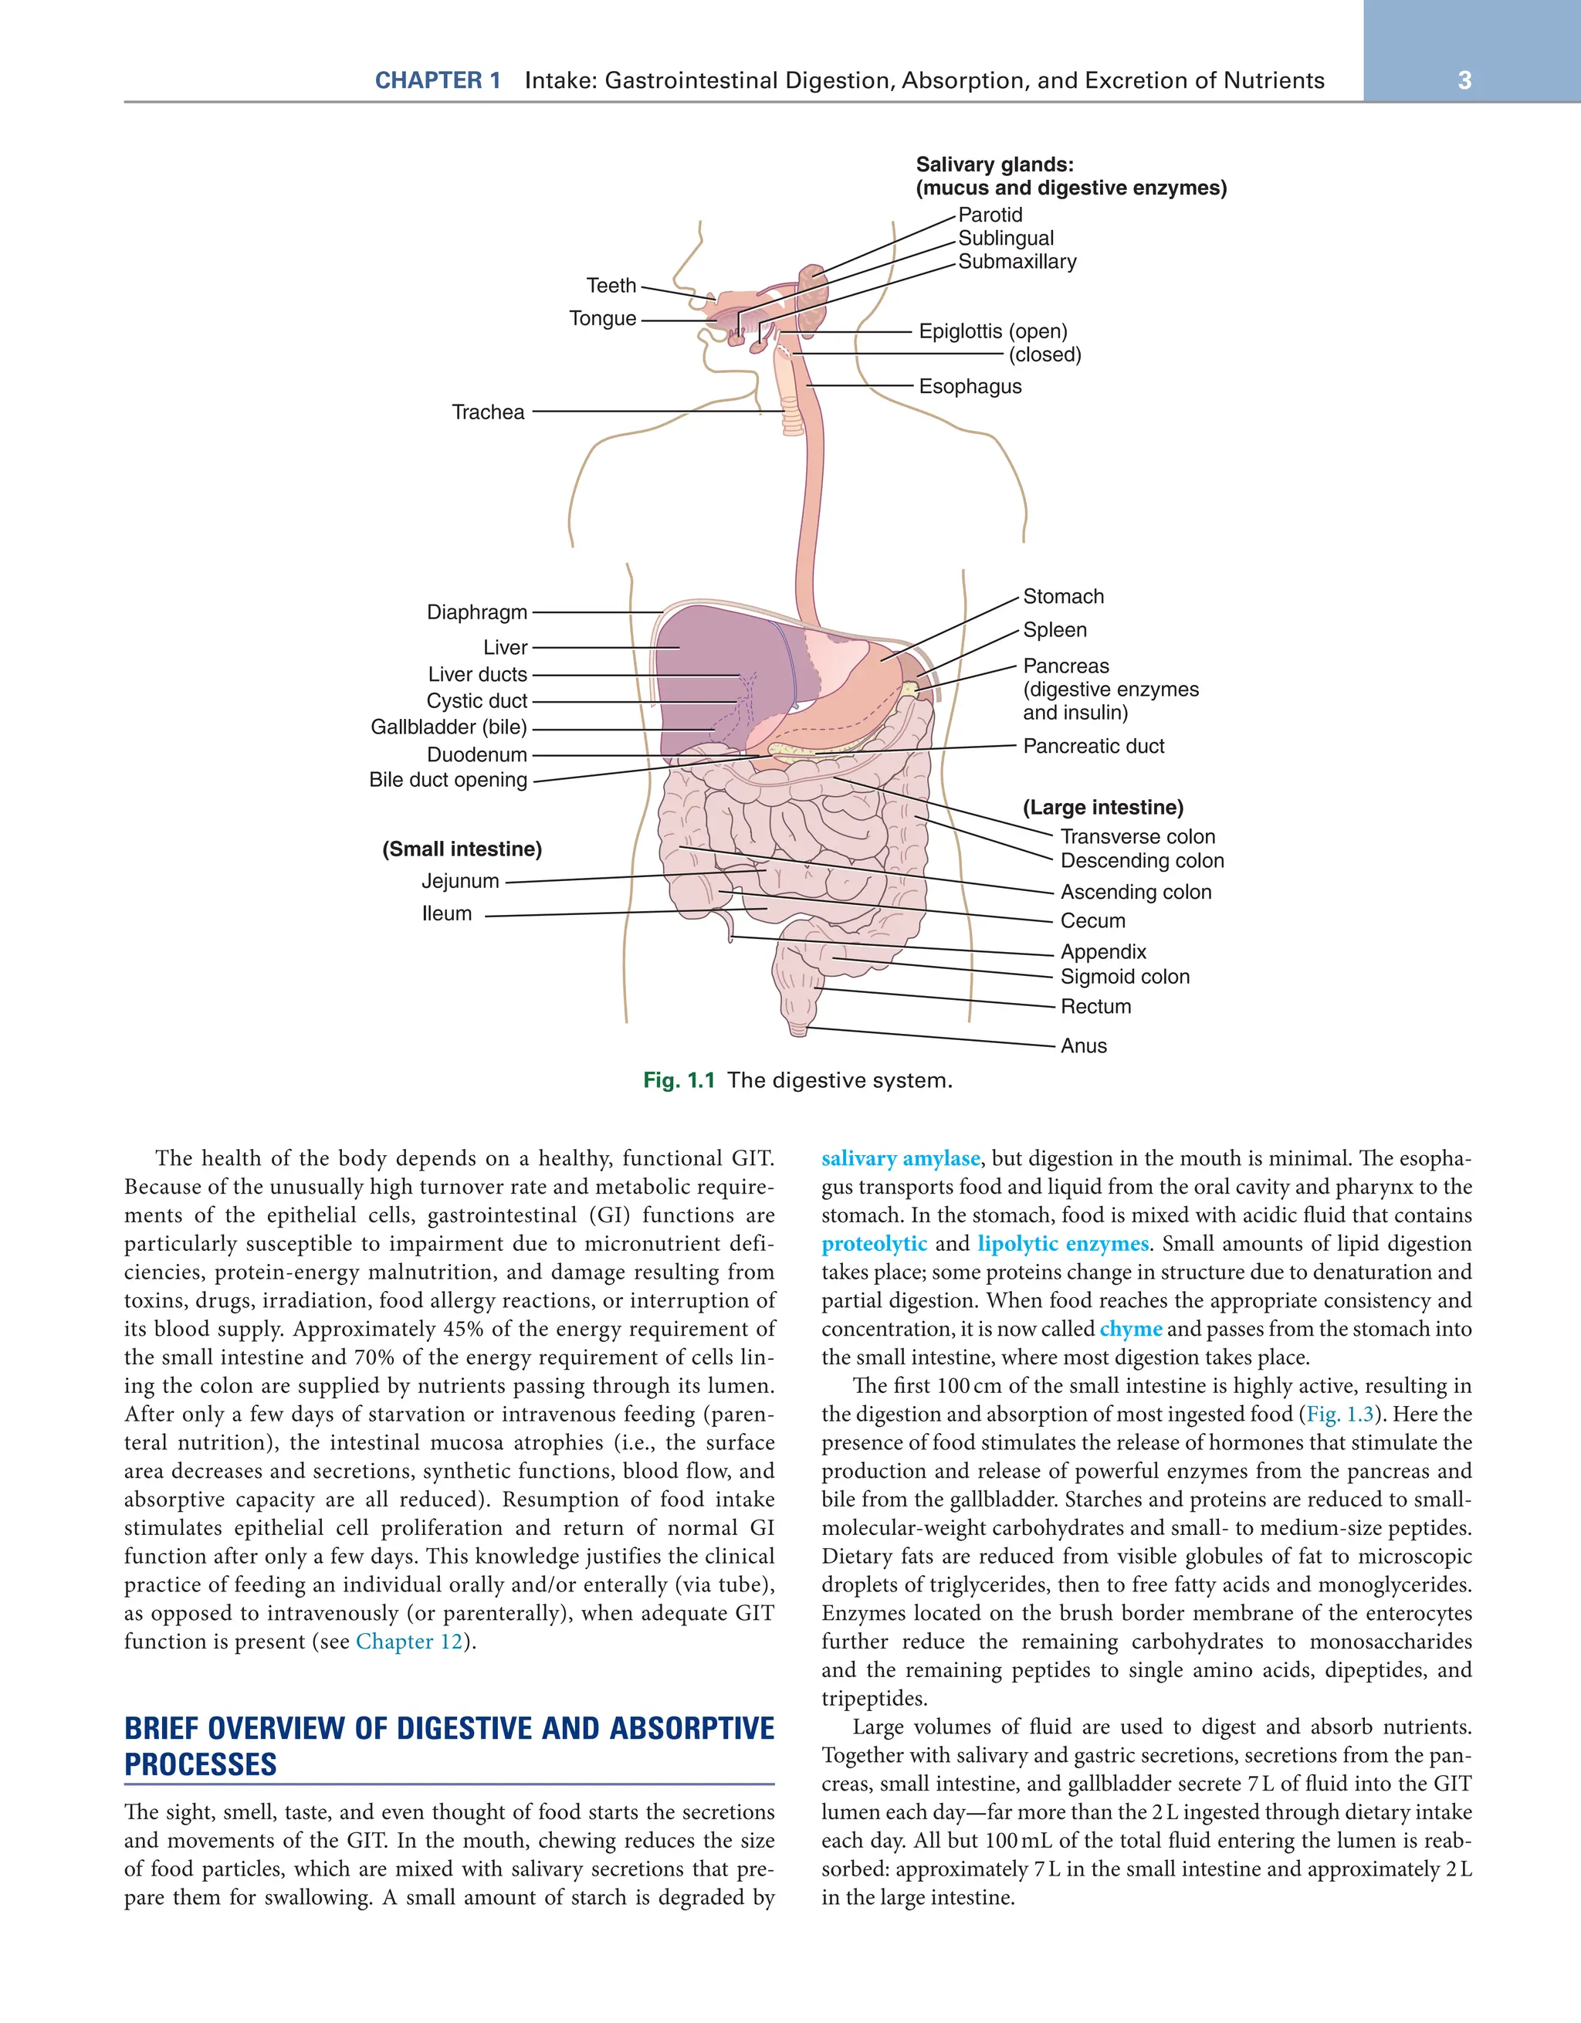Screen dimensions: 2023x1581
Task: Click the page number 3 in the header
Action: [x=1464, y=80]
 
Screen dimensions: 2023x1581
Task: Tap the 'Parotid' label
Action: [x=990, y=215]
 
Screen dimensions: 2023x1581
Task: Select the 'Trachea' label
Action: [x=488, y=412]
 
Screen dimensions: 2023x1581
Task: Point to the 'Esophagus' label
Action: [x=970, y=386]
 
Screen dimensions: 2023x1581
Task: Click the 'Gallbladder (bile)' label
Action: [x=449, y=727]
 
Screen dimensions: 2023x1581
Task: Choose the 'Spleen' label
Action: [x=1054, y=630]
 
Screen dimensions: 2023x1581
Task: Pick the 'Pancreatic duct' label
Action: [x=1093, y=747]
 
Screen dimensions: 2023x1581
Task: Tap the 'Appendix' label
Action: [x=1103, y=952]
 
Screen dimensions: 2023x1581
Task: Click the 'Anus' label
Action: [x=1084, y=1045]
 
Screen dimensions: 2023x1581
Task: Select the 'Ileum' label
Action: [x=446, y=914]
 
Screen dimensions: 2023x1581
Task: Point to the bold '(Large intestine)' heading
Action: [x=1102, y=808]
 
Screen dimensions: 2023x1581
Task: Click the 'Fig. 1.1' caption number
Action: [x=679, y=1080]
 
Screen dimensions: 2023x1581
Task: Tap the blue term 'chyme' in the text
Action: [x=1130, y=1329]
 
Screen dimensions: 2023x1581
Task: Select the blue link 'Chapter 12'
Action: [x=408, y=1642]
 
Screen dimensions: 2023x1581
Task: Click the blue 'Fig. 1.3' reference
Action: [x=1339, y=1415]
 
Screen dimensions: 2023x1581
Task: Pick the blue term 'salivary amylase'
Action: [x=899, y=1159]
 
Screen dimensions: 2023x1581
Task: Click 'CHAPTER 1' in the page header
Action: [x=437, y=80]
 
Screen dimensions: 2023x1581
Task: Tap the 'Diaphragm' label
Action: [x=477, y=612]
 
